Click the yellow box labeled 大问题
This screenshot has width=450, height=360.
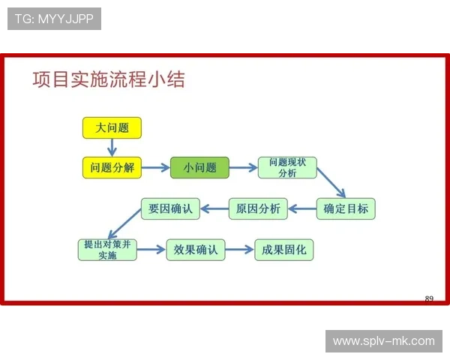pos(112,128)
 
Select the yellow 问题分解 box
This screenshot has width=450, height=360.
pos(112,168)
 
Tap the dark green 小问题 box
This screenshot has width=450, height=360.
pos(199,168)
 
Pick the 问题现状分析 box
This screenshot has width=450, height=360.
pos(287,168)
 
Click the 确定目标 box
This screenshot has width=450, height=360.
pos(346,209)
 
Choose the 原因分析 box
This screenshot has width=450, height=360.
pos(258,209)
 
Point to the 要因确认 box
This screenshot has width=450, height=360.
pos(170,209)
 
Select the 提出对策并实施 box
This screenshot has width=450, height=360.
pos(107,250)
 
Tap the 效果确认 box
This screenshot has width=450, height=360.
pos(196,250)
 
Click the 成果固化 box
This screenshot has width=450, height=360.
pos(283,250)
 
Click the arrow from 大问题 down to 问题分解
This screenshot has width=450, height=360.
pos(112,148)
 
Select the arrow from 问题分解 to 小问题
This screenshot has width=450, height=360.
pos(156,168)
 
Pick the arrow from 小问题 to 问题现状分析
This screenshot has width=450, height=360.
pos(243,168)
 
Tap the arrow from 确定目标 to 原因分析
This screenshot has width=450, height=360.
pos(302,209)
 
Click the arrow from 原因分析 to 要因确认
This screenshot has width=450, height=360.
pos(214,209)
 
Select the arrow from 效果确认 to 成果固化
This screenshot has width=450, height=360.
pos(240,250)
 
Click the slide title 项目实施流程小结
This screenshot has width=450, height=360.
pos(109,80)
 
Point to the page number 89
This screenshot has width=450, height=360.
pos(429,299)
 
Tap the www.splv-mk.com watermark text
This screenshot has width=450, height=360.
pos(383,341)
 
